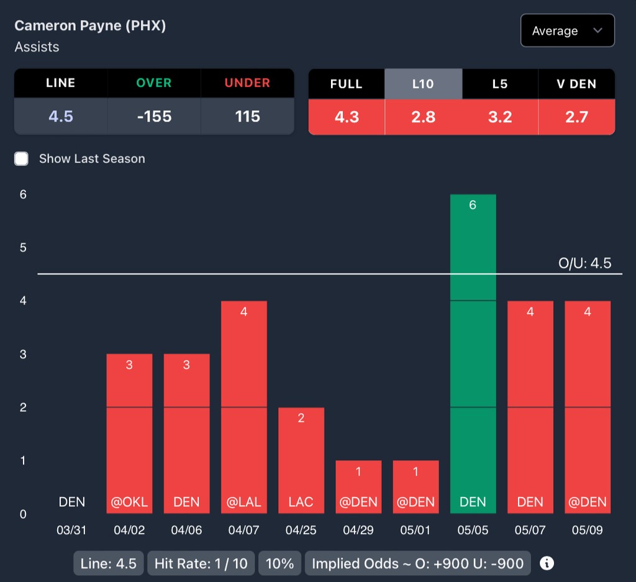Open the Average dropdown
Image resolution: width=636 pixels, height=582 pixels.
(567, 31)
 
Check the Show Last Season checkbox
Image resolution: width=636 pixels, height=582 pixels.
(22, 158)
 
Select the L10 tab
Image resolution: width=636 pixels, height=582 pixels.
(423, 84)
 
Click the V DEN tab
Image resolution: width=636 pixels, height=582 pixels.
(576, 84)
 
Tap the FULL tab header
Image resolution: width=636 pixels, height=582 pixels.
(347, 84)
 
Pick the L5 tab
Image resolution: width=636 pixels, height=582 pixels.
(500, 84)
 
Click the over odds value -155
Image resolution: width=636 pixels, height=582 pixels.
(154, 116)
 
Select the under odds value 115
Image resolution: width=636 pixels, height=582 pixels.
(247, 116)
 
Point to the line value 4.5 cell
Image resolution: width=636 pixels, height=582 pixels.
(61, 116)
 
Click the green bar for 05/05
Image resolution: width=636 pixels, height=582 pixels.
(473, 354)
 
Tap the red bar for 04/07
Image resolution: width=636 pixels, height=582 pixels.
(243, 407)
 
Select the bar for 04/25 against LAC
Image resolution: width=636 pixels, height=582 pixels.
(301, 460)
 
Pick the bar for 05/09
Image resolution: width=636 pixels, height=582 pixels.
(587, 407)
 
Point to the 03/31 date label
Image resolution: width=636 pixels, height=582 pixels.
(71, 530)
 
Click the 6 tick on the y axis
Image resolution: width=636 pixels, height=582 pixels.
(23, 194)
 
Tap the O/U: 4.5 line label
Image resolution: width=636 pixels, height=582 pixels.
(584, 263)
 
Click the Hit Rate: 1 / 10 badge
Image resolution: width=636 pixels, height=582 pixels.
(201, 563)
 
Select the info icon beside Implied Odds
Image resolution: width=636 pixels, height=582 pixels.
(547, 563)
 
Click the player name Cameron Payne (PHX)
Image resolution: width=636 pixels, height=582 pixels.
(90, 26)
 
